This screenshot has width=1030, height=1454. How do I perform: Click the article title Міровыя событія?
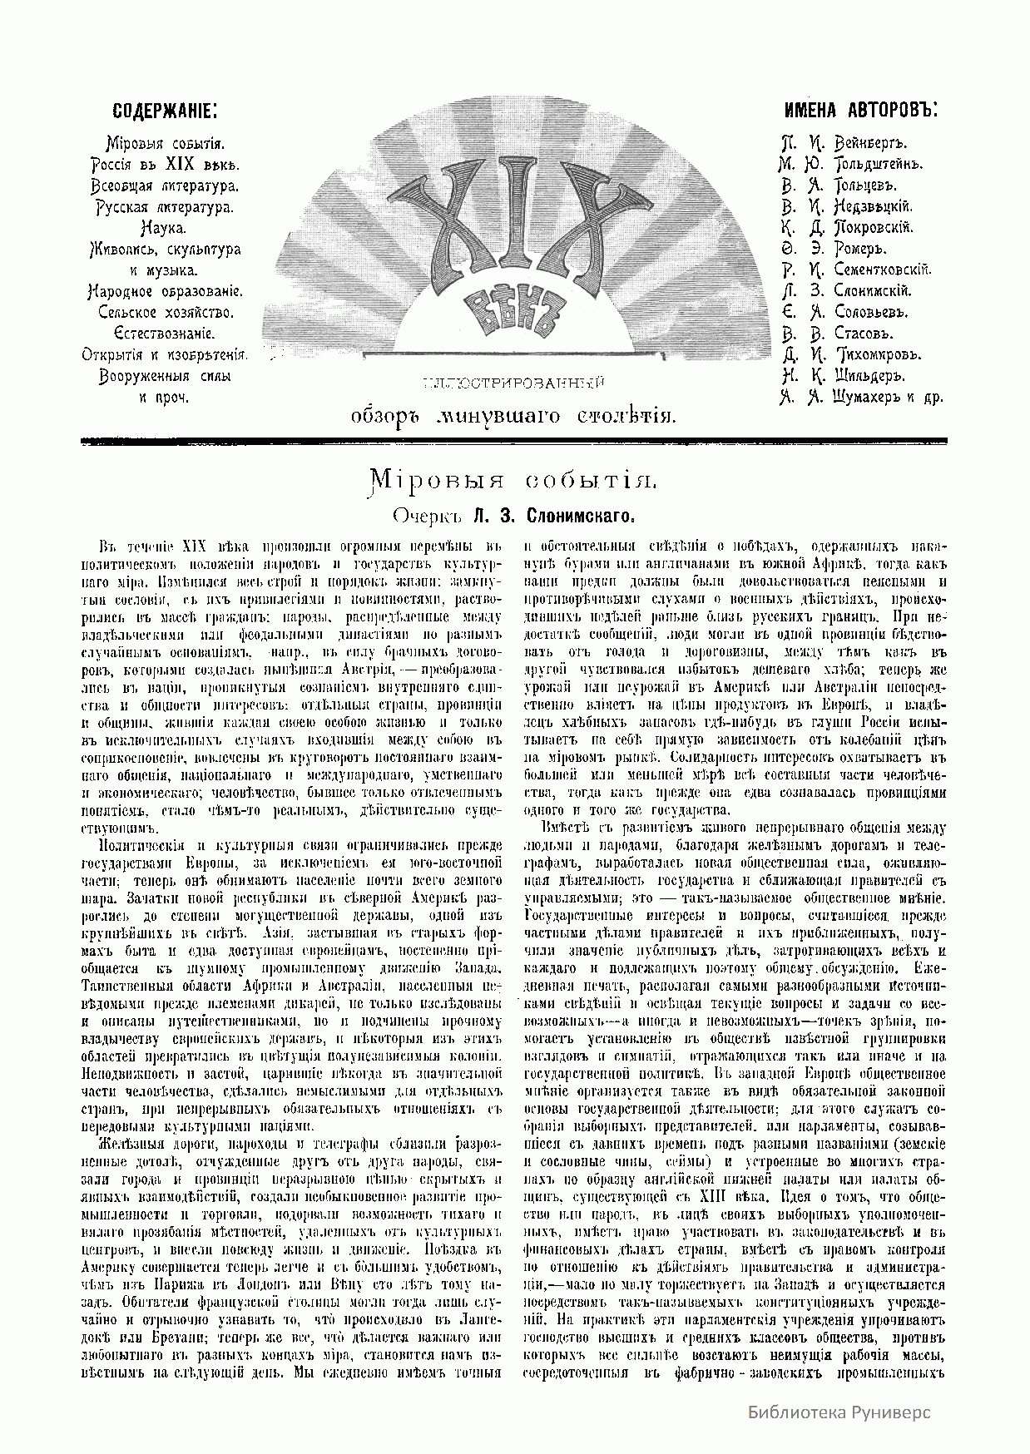click(x=514, y=479)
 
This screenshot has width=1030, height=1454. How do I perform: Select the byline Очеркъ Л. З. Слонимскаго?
click(x=514, y=517)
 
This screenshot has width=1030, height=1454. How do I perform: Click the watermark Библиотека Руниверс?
click(x=839, y=1412)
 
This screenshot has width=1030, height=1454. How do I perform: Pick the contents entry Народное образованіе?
click(x=165, y=291)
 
